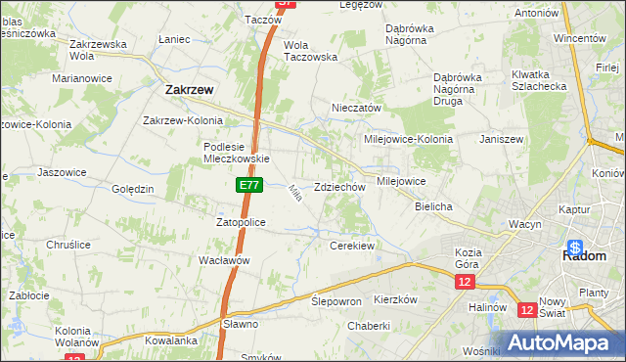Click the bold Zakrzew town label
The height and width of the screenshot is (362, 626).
pos(184,89)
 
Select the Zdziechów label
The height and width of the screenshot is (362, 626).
pos(340,187)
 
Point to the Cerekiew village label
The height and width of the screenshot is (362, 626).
pos(352,246)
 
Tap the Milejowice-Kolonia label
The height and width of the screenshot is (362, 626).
pos(409,139)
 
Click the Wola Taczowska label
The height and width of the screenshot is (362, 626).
pos(310,51)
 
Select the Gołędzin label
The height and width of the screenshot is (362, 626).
pos(133,189)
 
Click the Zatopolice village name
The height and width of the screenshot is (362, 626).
pos(241,223)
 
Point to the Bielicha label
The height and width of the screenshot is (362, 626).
pos(433,207)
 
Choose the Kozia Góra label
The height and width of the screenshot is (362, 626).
pos(475,258)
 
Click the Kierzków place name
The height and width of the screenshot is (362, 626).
pos(396,298)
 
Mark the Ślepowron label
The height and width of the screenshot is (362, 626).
pos(336,301)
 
